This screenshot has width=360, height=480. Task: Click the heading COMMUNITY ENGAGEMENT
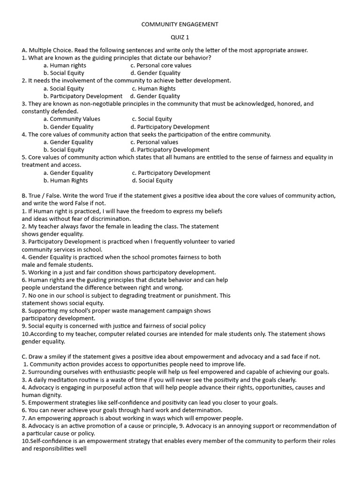(180, 24)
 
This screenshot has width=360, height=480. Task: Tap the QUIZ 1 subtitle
(180, 37)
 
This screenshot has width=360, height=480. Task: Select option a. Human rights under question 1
(65, 66)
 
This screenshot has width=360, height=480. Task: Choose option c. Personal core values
(161, 66)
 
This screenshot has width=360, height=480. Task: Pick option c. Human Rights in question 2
(154, 89)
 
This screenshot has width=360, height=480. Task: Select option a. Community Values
(72, 119)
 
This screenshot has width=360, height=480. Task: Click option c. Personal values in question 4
(154, 142)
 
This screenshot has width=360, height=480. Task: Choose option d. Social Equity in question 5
(152, 180)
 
